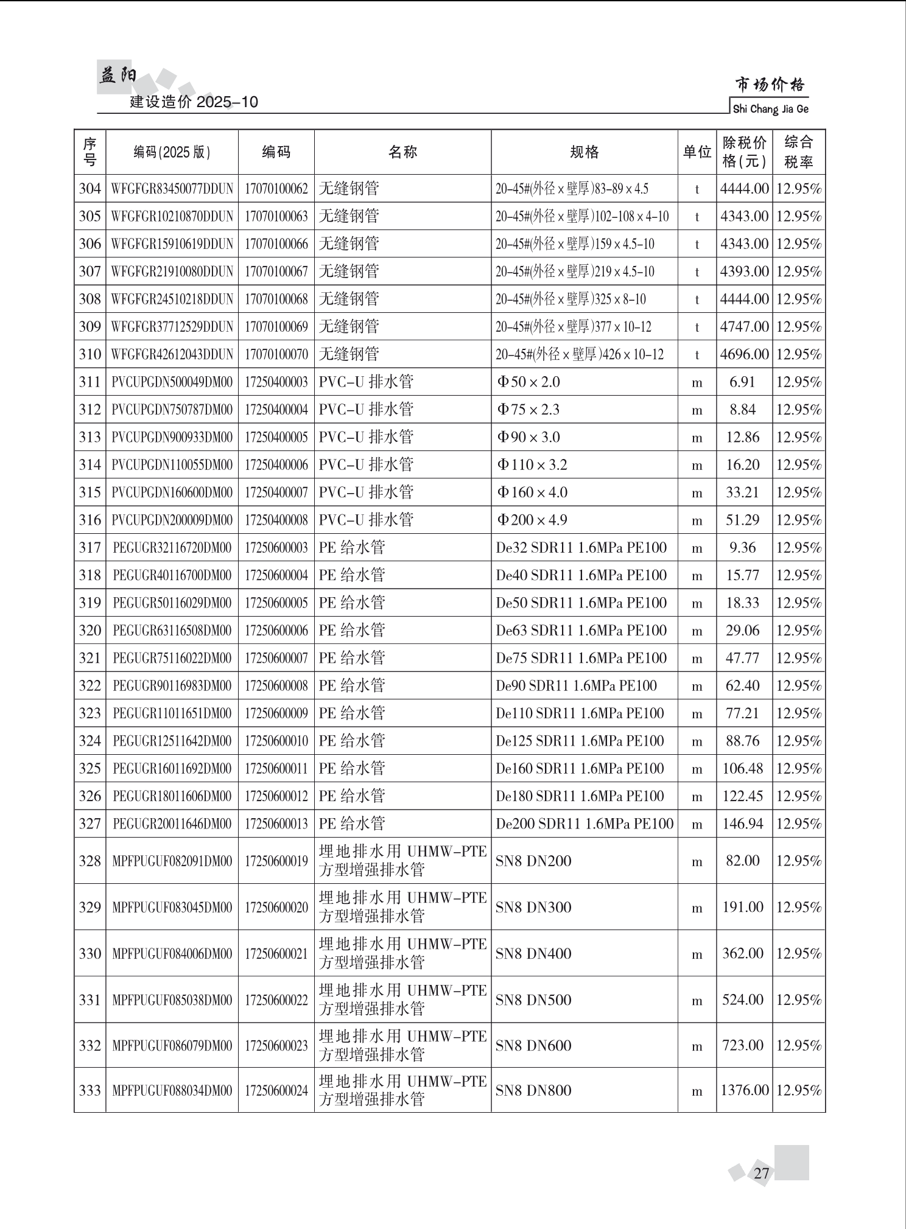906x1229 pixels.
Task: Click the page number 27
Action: [761, 1173]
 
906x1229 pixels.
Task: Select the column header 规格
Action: [584, 152]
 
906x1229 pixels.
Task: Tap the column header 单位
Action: [697, 152]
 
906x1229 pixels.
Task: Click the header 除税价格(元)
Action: [744, 152]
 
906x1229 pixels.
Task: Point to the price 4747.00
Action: [744, 327]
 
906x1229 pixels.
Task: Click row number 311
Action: [90, 382]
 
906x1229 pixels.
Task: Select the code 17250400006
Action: [276, 465]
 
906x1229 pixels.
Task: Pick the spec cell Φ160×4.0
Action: [532, 492]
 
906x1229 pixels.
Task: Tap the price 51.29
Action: [743, 520]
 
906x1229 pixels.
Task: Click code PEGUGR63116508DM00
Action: [172, 631]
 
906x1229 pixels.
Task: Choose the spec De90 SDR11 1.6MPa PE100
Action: [576, 686]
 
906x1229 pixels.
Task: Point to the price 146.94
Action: [743, 824]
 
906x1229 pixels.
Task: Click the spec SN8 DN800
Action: [533, 1090]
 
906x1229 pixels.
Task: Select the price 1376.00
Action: [744, 1090]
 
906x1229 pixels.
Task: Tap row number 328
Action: [90, 861]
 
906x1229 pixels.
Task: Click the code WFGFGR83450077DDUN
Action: [172, 189]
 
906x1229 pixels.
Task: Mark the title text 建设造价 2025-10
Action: [194, 102]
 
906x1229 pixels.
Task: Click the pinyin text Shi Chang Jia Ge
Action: [771, 110]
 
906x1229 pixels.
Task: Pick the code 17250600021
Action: [276, 953]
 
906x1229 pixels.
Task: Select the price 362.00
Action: [743, 953]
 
